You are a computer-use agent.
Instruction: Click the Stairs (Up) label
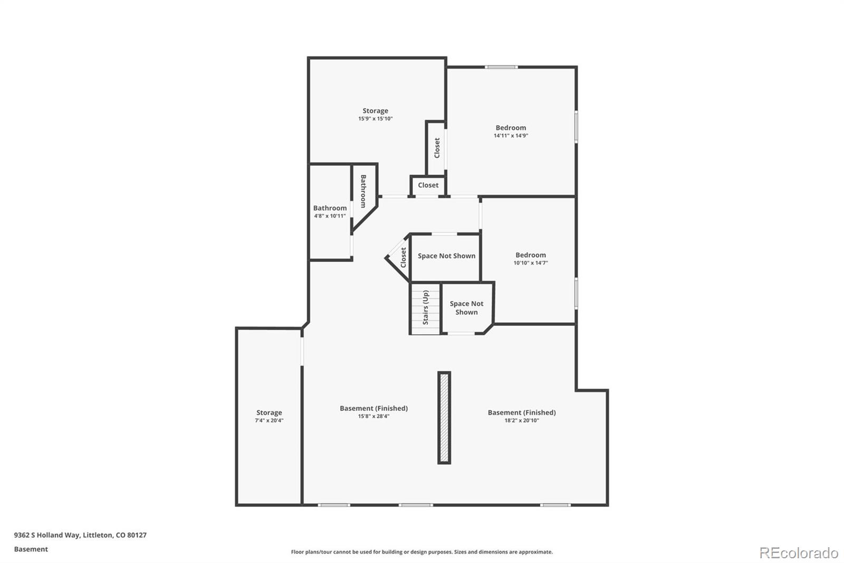425,307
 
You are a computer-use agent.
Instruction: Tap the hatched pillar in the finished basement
444,417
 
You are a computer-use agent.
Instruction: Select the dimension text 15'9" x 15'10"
375,118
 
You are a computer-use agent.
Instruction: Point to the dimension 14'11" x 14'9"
511,135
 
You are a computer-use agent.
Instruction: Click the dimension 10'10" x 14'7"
531,262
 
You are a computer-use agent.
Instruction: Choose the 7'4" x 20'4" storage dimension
269,420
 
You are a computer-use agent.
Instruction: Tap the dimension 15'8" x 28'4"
374,416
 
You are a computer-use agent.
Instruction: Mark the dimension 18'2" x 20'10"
522,420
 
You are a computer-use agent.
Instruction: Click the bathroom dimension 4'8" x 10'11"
330,216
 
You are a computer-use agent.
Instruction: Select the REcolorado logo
799,553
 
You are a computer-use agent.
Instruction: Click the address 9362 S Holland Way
47,534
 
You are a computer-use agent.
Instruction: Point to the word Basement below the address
31,549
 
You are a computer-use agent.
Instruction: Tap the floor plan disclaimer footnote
421,552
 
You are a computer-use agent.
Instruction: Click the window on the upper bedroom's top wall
501,67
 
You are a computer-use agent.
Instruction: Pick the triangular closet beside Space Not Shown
398,257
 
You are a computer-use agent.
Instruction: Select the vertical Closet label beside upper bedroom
437,148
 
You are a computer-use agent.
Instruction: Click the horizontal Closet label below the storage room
428,185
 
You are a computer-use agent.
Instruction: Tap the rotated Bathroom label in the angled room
363,191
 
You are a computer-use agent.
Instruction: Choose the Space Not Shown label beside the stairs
466,308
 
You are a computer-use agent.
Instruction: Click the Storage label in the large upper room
375,110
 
